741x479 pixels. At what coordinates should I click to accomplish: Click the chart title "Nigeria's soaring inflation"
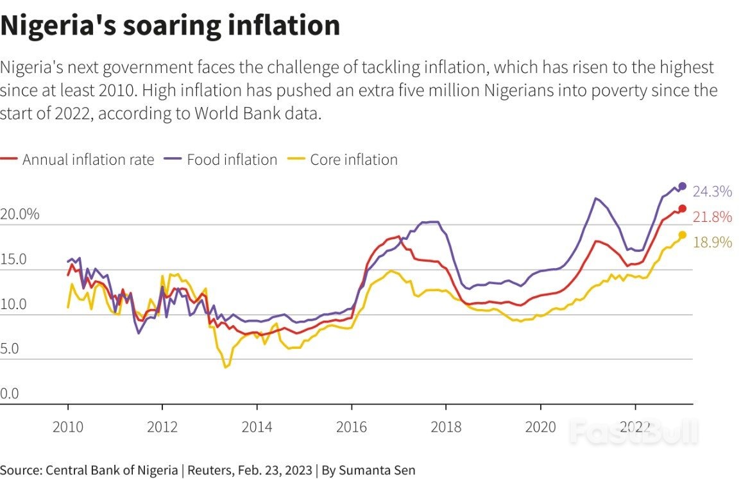point(170,26)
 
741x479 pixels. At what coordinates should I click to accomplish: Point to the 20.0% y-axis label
point(20,214)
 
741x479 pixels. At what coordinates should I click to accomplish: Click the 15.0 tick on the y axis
point(13,260)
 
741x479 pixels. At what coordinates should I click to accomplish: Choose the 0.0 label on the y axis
point(10,394)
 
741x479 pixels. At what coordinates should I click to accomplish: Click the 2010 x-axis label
point(68,428)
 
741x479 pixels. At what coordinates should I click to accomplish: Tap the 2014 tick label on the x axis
point(257,428)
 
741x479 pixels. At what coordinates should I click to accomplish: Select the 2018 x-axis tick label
point(446,428)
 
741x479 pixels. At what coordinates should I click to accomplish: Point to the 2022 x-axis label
point(635,428)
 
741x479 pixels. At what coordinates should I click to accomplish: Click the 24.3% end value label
point(712,191)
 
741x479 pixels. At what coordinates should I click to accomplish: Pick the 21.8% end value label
point(712,217)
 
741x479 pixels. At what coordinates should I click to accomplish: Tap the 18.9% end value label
point(712,242)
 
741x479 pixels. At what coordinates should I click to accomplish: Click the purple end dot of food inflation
point(682,186)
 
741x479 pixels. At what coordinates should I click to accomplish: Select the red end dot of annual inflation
point(682,208)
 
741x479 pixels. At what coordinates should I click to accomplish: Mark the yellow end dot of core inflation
point(682,235)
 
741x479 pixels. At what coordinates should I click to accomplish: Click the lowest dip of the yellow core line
point(225,367)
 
